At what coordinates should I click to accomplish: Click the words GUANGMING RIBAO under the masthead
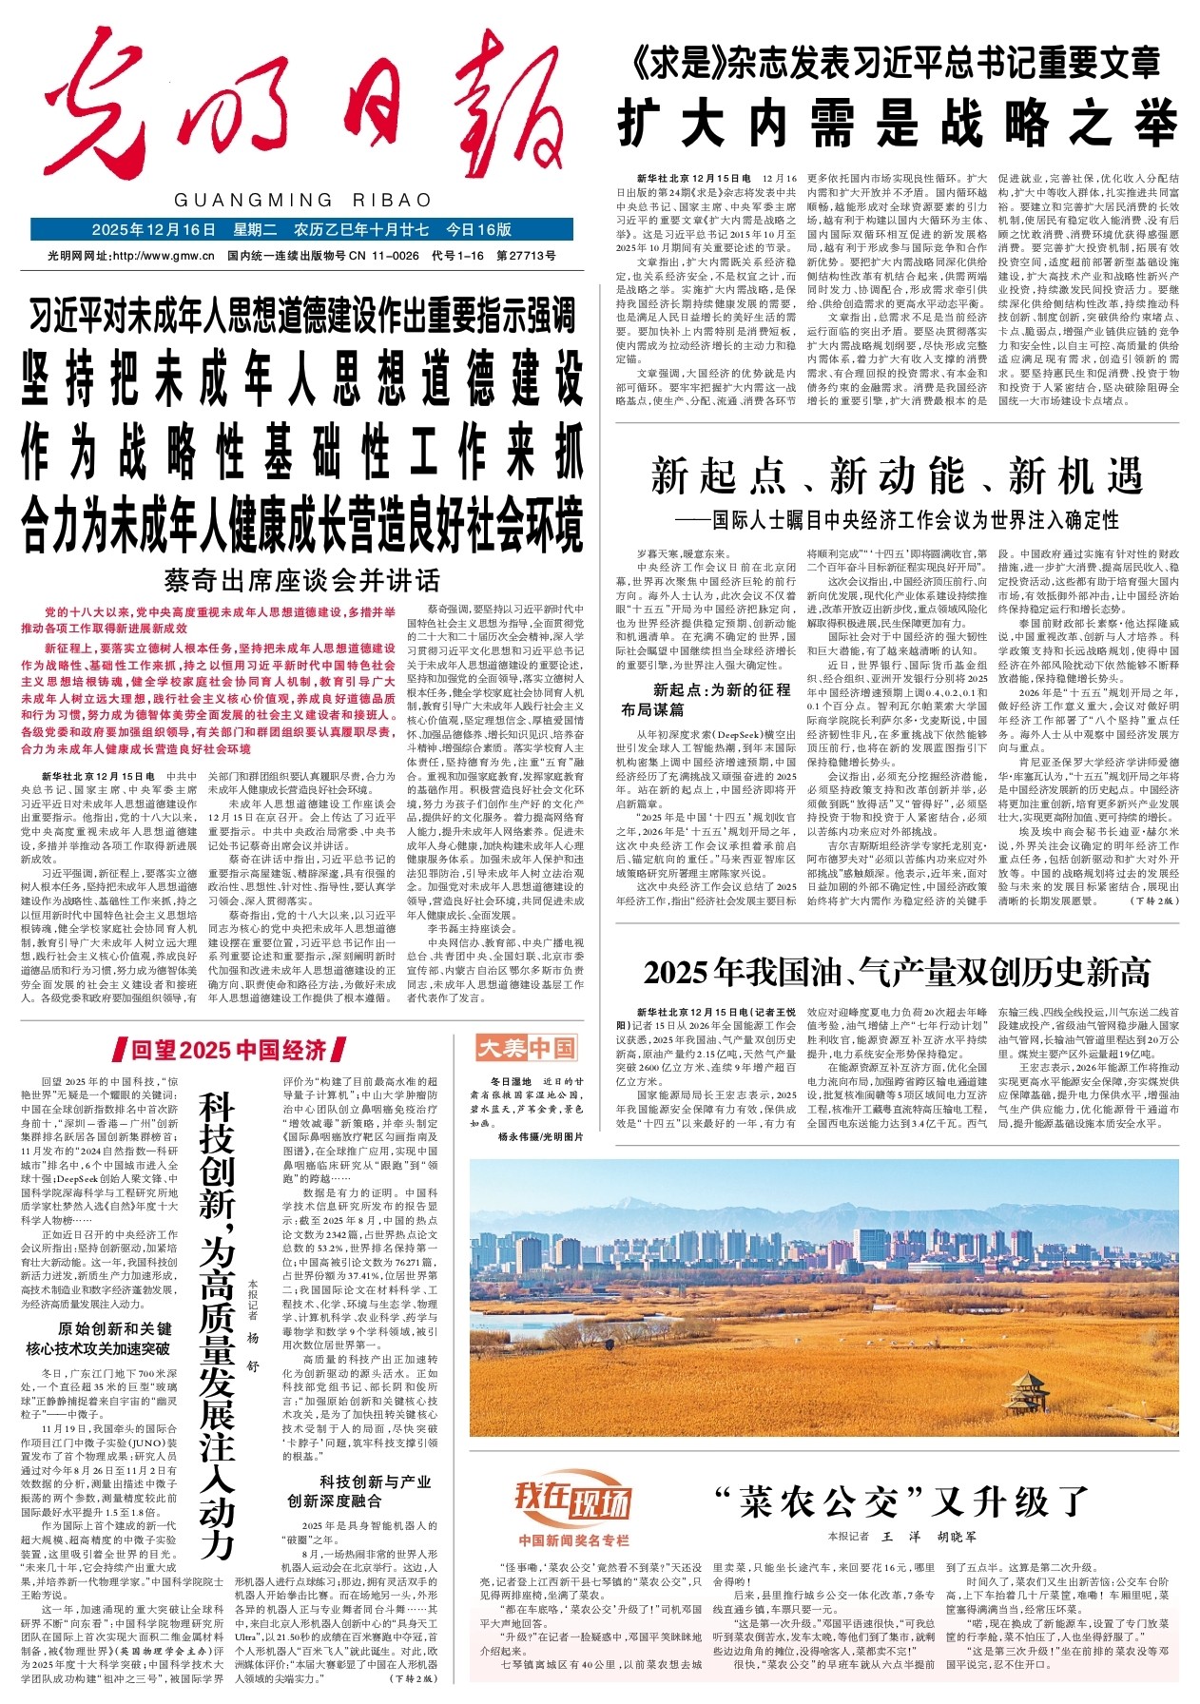302,201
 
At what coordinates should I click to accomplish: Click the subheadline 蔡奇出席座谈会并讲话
302,579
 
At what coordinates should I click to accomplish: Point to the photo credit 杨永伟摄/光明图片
539,1136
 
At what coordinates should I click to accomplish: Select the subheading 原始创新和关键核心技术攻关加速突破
112,1338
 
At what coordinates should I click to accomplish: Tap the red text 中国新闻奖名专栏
573,1539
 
